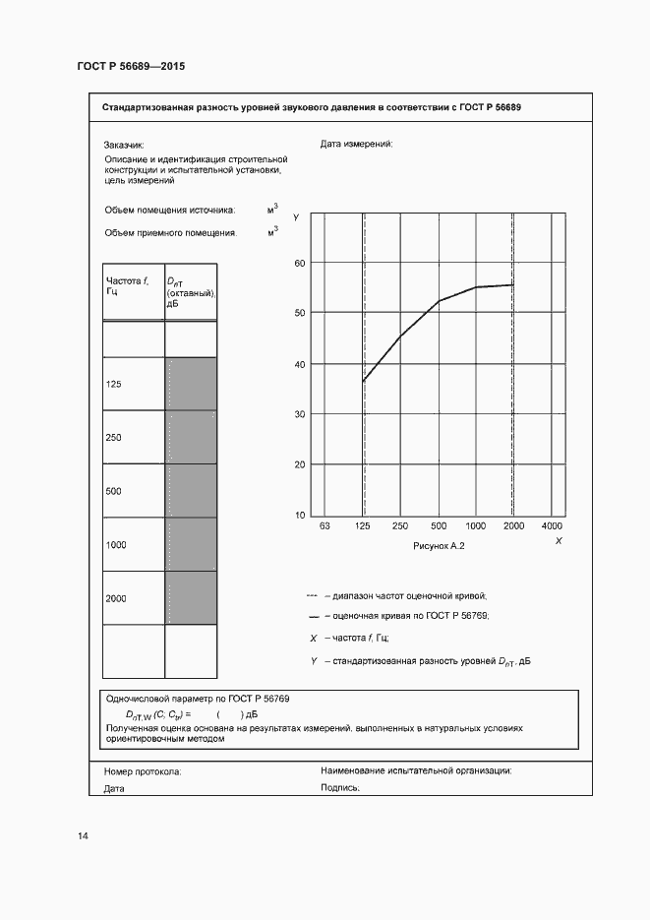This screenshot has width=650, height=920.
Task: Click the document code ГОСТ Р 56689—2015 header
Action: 131,67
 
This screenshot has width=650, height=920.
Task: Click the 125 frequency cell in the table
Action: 133,384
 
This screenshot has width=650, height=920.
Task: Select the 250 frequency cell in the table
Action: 133,437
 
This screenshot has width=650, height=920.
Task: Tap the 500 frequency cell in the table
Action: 133,490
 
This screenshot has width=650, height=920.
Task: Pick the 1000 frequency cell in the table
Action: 133,544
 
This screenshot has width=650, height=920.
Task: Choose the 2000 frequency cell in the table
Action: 133,597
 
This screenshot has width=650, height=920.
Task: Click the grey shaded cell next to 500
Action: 191,490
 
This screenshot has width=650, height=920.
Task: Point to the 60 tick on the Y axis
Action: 301,263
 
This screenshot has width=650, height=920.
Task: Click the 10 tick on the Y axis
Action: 301,515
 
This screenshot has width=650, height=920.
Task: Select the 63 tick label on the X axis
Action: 325,526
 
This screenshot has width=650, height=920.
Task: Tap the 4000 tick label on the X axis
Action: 552,526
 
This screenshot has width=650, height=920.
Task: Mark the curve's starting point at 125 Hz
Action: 363,381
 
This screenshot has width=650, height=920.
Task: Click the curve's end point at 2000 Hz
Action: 513,284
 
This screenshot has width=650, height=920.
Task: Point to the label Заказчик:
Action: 124,144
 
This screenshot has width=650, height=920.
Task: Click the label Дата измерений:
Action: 357,144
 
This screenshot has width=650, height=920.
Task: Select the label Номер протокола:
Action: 143,772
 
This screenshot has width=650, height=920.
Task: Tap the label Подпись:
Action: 340,788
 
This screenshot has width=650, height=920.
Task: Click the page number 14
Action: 83,836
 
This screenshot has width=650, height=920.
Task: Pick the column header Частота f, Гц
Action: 127,286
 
